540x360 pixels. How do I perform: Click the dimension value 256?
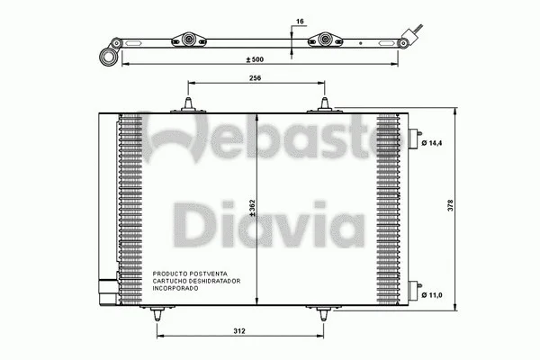coord(256,79)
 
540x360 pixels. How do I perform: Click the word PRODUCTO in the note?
coord(169,273)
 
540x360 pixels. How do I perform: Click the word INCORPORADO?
coord(176,287)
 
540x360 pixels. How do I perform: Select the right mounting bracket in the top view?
coord(327,42)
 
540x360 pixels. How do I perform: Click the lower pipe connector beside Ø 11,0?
coord(415,290)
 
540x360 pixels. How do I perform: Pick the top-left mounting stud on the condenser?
coord(189,106)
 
